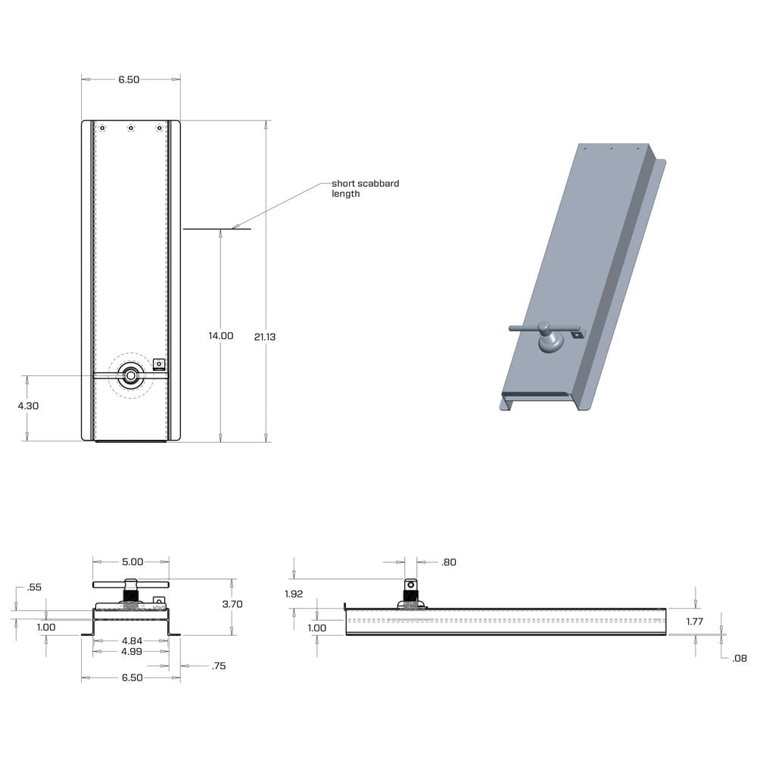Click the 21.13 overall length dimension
(x=265, y=337)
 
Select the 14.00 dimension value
(x=221, y=335)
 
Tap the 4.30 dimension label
(x=28, y=406)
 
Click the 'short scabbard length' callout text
(x=365, y=188)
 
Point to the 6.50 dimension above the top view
(x=129, y=79)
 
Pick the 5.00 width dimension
(x=132, y=562)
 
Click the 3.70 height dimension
(x=232, y=604)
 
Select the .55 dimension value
(x=33, y=587)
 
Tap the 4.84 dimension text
(x=132, y=641)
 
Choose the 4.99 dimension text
(x=132, y=652)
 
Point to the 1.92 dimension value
(x=294, y=594)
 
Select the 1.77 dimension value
(x=696, y=621)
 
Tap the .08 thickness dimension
(x=740, y=659)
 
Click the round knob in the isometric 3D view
(x=550, y=344)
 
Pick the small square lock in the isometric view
(x=578, y=333)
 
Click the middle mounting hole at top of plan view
(x=131, y=128)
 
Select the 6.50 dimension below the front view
(x=132, y=678)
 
